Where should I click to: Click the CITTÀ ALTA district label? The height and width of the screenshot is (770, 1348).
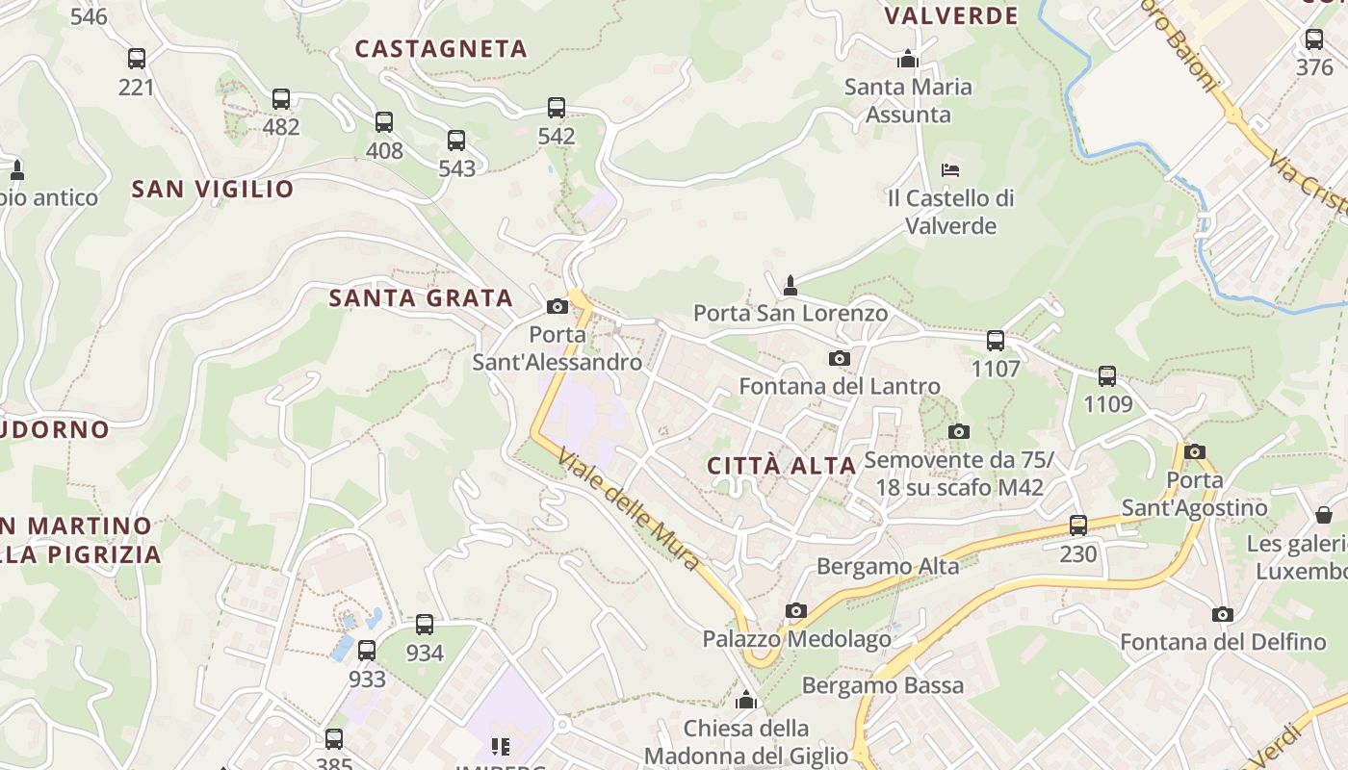[782, 466]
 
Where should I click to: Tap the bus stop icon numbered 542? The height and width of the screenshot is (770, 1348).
[557, 108]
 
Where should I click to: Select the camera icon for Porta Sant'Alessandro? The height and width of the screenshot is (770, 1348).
[557, 306]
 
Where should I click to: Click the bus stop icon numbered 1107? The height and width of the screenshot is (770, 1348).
[996, 341]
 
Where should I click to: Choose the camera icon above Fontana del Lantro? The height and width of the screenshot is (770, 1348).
[840, 358]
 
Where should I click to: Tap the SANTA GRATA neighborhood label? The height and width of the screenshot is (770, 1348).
[421, 298]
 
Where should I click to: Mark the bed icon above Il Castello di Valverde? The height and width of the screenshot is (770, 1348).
[950, 170]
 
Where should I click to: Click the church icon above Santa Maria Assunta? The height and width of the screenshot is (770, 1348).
[907, 60]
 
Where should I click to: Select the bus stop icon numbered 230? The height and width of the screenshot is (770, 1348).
[1078, 526]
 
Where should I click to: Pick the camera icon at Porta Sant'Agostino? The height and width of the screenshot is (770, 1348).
[1195, 451]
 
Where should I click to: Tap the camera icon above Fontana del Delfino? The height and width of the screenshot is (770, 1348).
[1222, 614]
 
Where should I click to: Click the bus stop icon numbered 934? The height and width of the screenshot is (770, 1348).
[425, 625]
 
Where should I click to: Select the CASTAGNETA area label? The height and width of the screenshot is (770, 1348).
[441, 49]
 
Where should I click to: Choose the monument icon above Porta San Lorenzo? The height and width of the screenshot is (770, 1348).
[791, 285]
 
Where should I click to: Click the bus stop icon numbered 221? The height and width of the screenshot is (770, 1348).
[137, 59]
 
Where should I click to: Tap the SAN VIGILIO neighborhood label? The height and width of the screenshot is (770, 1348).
[213, 189]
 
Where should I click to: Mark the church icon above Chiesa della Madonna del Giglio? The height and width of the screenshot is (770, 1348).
[746, 700]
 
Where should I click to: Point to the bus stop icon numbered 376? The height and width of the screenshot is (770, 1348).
[1314, 39]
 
